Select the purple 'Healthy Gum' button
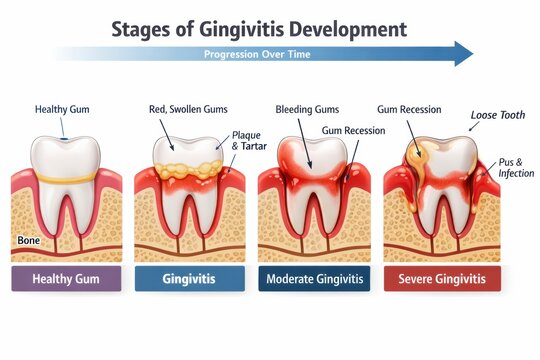(x=66, y=279)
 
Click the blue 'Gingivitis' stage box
(x=189, y=279)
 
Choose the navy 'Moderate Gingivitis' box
(x=313, y=279)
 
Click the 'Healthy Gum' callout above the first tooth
(x=63, y=109)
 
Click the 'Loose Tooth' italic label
(x=497, y=115)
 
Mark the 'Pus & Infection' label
(x=506, y=167)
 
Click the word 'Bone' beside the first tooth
(x=29, y=241)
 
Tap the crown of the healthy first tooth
(x=66, y=155)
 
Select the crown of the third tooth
(x=313, y=155)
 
